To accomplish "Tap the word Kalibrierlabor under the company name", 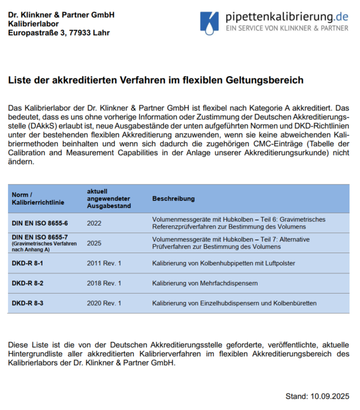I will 33,23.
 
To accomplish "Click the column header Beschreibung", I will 173,198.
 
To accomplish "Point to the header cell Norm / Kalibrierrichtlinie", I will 33,198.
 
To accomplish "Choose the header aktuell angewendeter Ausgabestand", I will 108,198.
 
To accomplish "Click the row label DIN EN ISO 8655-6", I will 40,223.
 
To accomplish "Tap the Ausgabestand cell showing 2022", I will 94,223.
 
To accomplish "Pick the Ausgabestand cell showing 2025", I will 94,242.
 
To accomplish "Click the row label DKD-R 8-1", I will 28,263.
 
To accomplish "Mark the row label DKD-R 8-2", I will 28,283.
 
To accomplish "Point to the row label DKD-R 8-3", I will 28,303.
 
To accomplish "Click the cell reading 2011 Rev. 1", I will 104,263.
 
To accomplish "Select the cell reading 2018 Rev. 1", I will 104,283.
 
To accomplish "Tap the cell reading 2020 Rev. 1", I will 104,303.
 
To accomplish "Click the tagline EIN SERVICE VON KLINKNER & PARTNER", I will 287,28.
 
